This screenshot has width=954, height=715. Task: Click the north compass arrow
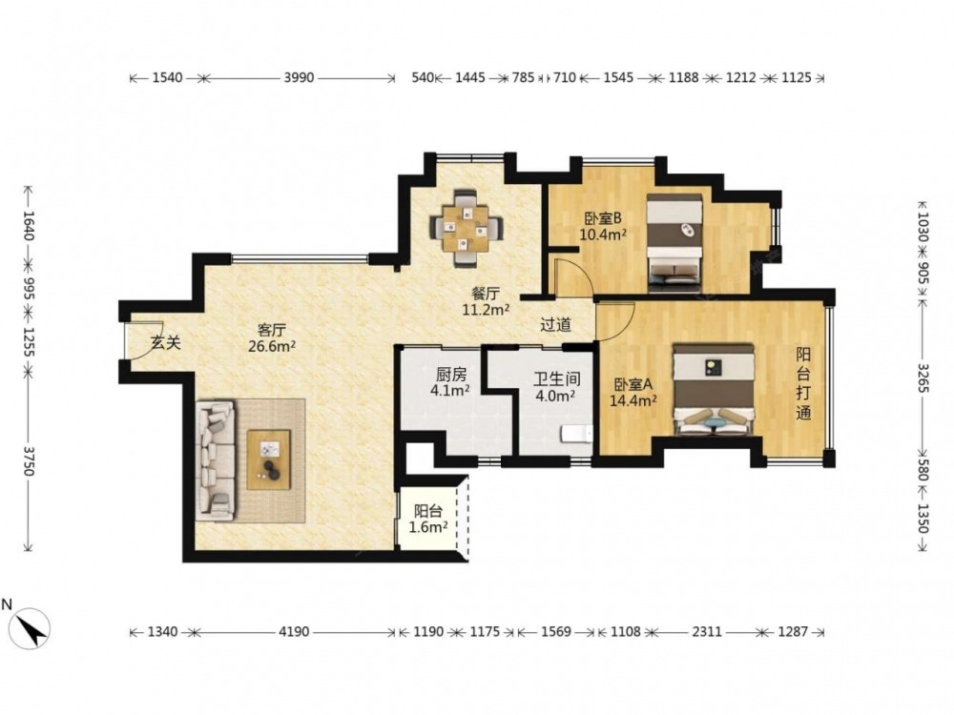[x=31, y=627]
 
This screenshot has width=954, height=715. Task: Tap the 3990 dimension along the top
[x=299, y=77]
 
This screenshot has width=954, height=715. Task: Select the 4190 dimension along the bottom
[x=294, y=632]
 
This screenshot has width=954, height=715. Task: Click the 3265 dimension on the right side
[x=923, y=378]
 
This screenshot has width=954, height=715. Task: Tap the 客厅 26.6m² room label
[x=271, y=338]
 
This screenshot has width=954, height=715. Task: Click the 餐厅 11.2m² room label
[x=486, y=301]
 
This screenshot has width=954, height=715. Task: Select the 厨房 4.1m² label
[x=450, y=382]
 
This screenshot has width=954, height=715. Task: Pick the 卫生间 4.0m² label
[x=556, y=387]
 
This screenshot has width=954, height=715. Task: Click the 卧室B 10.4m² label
[x=603, y=226]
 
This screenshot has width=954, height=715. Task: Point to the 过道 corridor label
[x=556, y=325]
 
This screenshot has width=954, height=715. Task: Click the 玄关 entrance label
[x=166, y=342]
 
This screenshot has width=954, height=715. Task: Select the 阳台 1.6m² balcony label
[x=428, y=519]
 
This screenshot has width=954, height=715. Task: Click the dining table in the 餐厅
[x=466, y=229]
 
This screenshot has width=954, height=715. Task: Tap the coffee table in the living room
[x=268, y=460]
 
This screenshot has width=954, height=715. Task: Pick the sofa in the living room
[x=216, y=460]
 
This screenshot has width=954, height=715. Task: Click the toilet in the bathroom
[x=576, y=434]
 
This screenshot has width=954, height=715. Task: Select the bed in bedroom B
[x=674, y=242]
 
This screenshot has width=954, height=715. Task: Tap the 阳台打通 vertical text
[x=803, y=383]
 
